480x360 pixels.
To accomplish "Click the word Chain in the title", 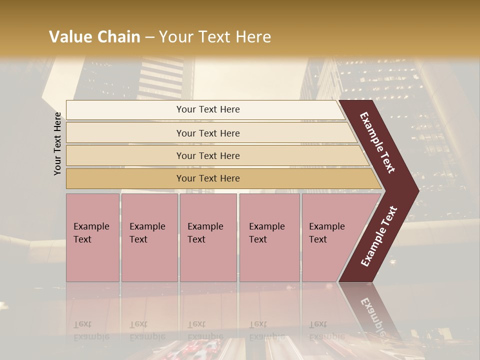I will [x=119, y=37].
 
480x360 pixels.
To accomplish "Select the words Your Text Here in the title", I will [x=215, y=37].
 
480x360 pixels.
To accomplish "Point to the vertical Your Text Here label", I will [x=57, y=144].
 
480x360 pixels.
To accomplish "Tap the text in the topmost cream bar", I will [x=208, y=109].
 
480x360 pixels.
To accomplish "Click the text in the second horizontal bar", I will [x=208, y=133].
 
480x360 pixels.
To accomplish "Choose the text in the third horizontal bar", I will [x=208, y=155].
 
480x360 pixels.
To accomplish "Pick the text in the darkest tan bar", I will [x=208, y=178].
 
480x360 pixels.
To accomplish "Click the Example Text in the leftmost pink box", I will [x=91, y=233].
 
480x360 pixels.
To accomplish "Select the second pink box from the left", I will [x=149, y=237].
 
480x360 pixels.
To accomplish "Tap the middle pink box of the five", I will [x=208, y=237].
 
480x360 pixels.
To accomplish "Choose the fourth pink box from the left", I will [x=269, y=237].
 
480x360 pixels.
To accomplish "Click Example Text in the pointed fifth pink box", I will [x=326, y=233].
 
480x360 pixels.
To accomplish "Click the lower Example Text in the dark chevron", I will [x=379, y=236].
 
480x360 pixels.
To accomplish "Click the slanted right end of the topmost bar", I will [x=341, y=110].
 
